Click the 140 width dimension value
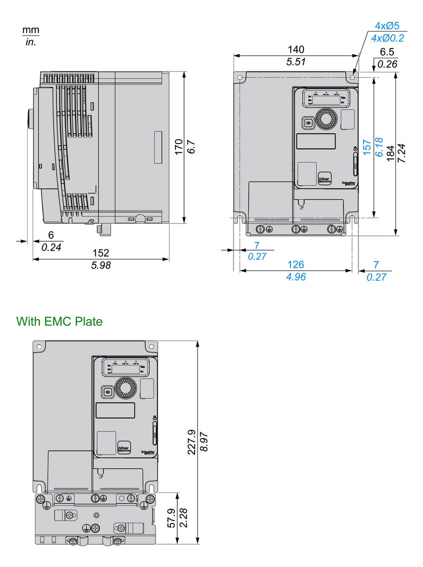coord(296,49)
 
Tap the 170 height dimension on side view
coord(178,146)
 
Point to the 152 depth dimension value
coord(101,253)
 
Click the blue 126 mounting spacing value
coord(296,265)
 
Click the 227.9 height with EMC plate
coord(192,442)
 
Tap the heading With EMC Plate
coord(59,321)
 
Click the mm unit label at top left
coord(30,30)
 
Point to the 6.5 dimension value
coord(387,53)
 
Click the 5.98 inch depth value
coord(101,265)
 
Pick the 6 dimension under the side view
coord(51,235)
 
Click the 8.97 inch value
coord(204,442)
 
